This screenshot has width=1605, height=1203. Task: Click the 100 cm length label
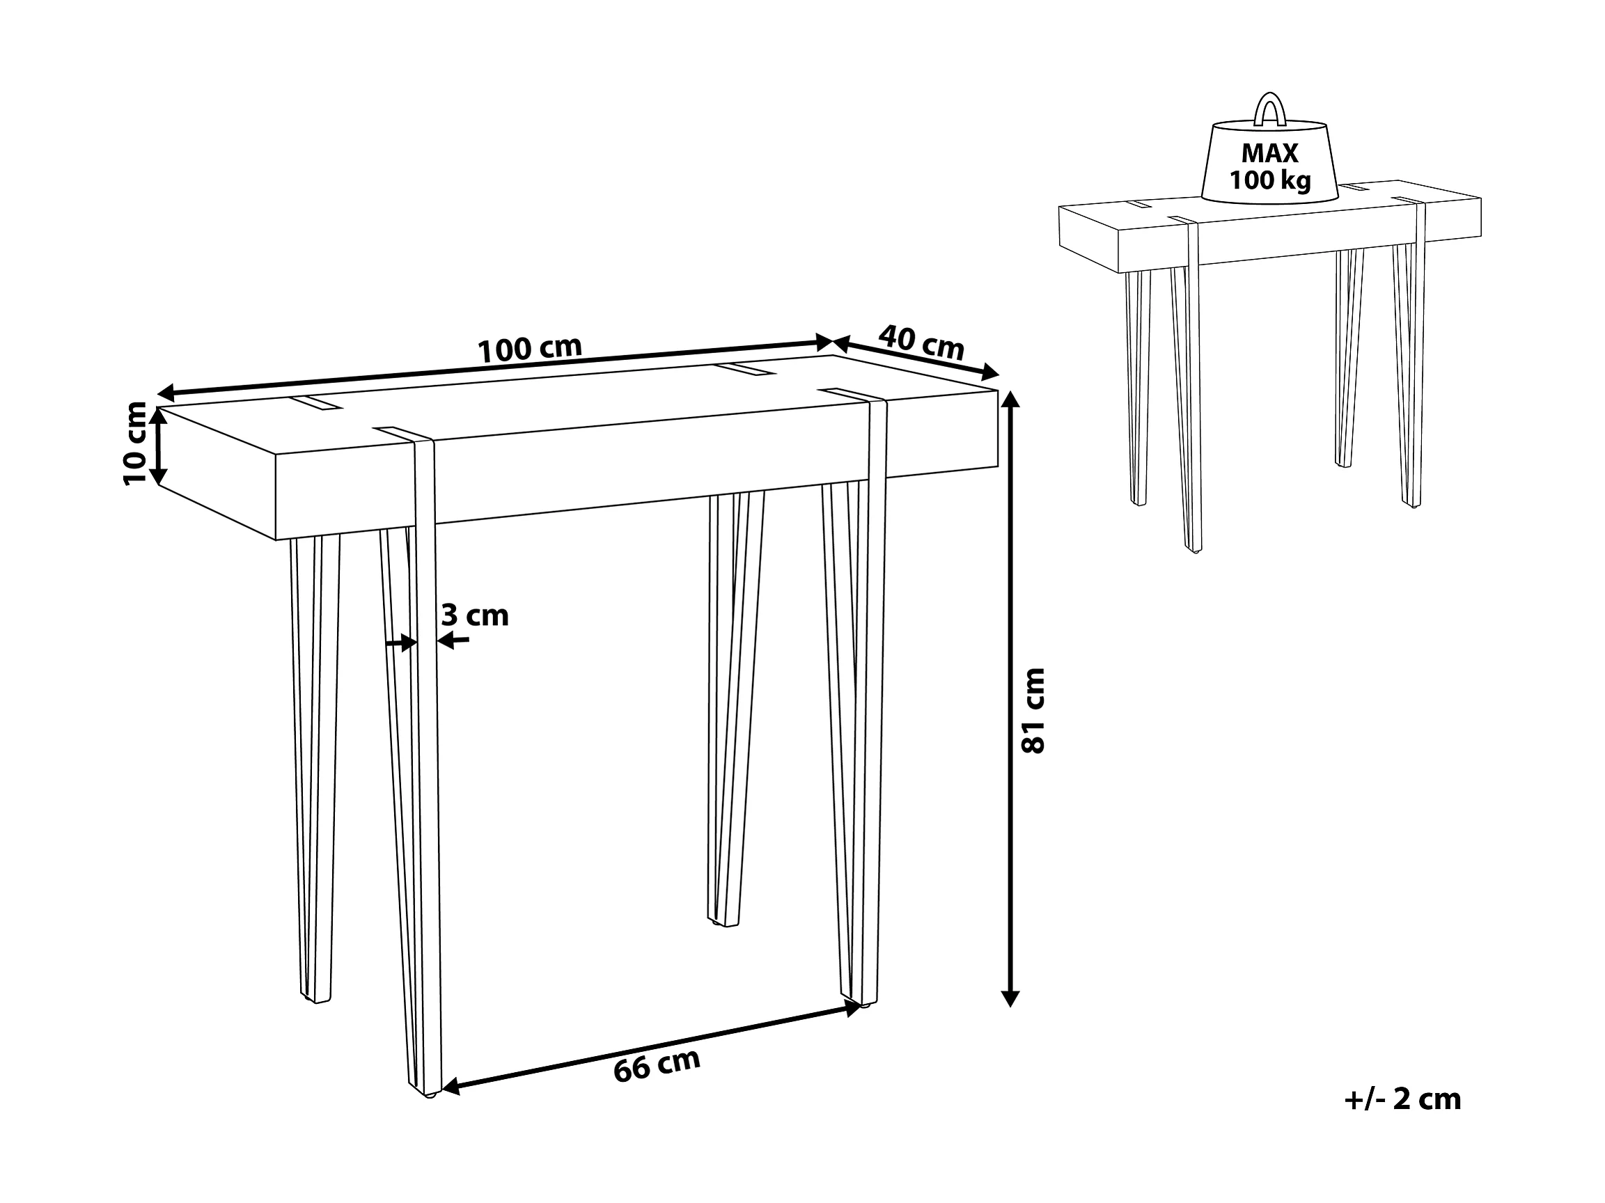coord(530,349)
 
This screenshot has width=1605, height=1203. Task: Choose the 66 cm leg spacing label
coord(657,1066)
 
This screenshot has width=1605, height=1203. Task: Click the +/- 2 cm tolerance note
coord(1402,1099)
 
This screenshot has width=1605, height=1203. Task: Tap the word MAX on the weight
coord(1269,153)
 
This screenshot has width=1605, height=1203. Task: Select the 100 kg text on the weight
coord(1270,180)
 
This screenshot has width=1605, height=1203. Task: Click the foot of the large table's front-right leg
coord(863,1006)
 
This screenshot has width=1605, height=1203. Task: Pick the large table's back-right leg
coord(735,708)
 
